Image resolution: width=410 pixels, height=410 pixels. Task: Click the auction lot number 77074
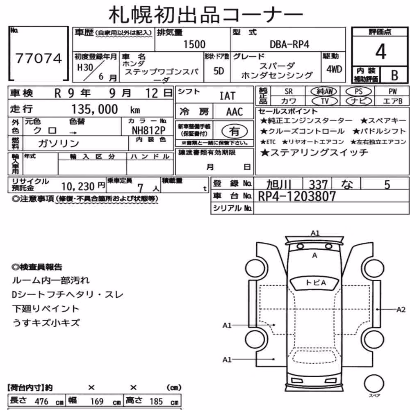pos(39,58)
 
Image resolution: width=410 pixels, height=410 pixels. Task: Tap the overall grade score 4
pos(380,52)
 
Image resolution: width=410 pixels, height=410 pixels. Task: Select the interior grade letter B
pos(394,75)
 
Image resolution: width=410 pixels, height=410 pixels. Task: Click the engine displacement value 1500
pos(194,44)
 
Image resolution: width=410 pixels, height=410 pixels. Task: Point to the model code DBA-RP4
pos(289,44)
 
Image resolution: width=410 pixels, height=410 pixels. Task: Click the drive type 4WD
pos(334,69)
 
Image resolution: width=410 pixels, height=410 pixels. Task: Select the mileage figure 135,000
pos(95,109)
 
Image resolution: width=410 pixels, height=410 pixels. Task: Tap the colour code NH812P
pos(148,130)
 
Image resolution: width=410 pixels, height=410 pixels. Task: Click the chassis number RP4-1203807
pos(297,196)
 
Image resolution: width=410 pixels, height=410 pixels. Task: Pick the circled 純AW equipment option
pos(324,91)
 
